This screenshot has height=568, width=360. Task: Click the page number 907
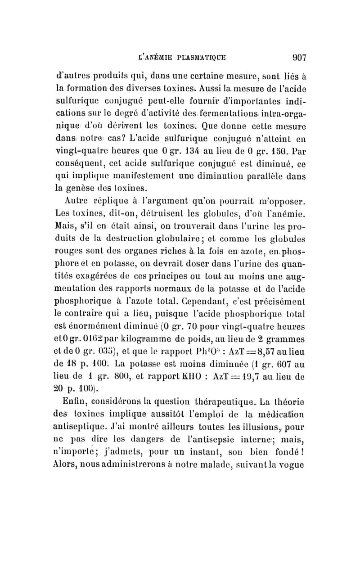297,58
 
